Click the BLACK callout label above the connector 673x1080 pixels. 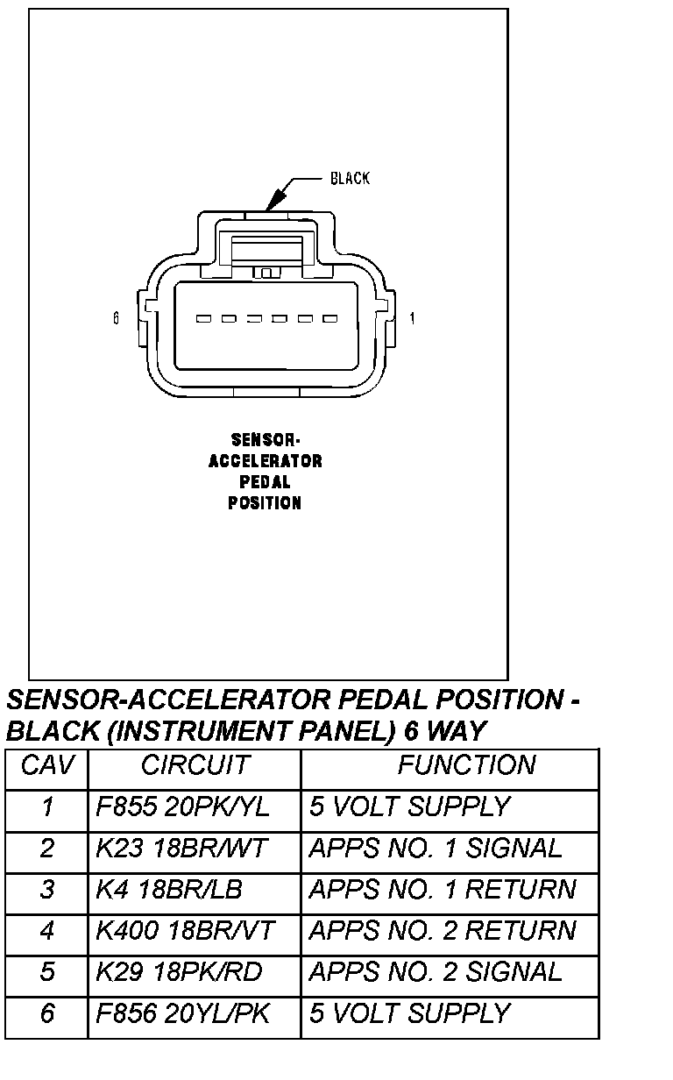pos(350,179)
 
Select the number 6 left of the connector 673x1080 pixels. pos(116,319)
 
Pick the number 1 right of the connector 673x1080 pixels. pos(413,319)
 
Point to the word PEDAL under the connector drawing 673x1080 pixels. pos(265,482)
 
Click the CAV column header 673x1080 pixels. pos(47,765)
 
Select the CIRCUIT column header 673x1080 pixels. pos(195,765)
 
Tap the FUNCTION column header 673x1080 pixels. pos(465,765)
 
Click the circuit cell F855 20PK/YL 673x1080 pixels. pos(182,806)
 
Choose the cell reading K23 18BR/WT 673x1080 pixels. pos(181,848)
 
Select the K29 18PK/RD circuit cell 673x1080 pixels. pos(179,971)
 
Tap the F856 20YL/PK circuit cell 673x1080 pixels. pos(182,1013)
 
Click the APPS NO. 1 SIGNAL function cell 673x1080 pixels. pos(435,848)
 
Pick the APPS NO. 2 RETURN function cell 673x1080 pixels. pos(442,930)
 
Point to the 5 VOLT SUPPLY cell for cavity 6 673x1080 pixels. pos(408,1013)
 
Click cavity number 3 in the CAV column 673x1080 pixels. pos(47,889)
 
